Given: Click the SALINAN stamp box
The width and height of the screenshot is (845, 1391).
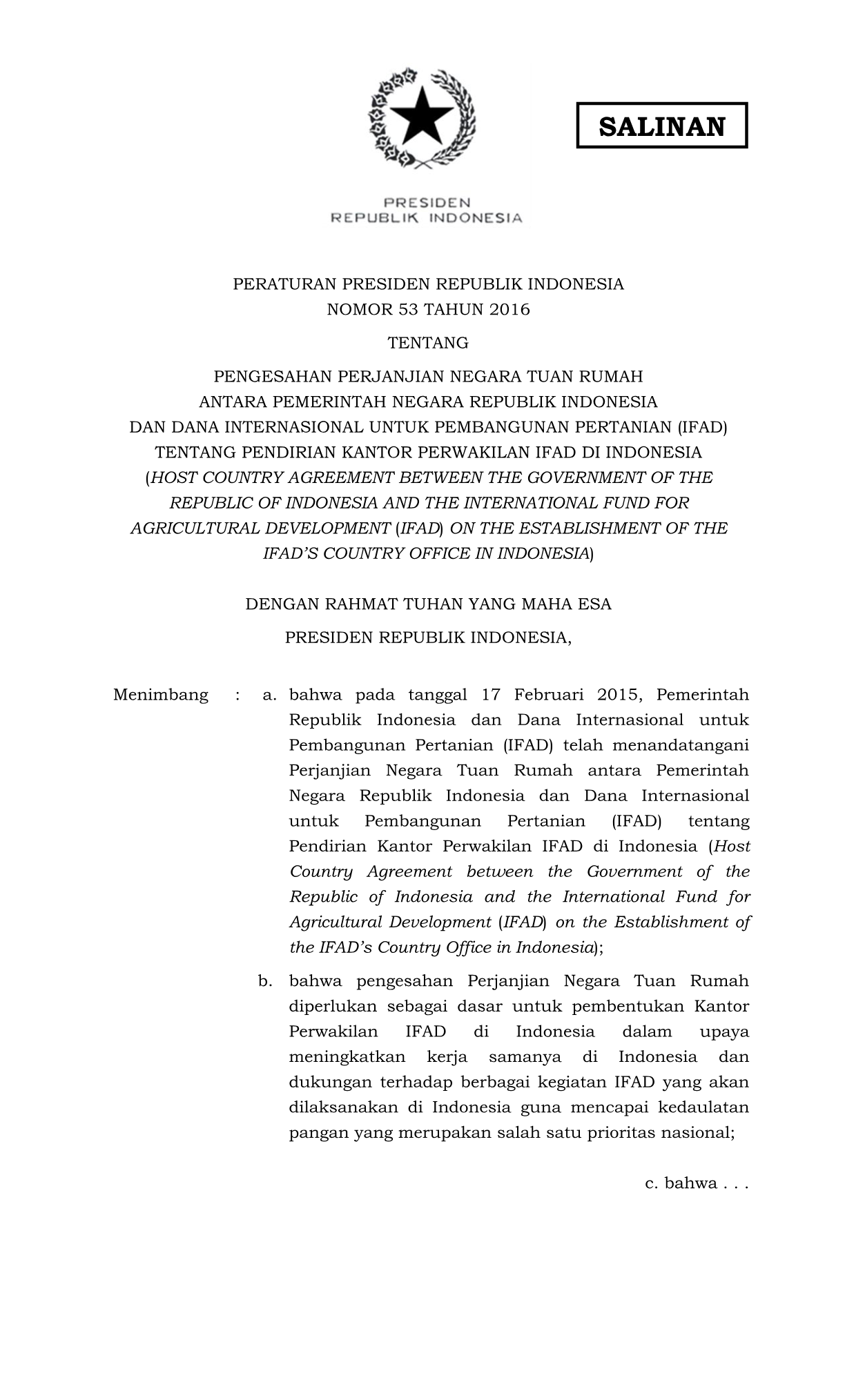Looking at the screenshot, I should [x=661, y=126].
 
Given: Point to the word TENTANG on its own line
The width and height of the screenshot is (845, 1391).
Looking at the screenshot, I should [x=428, y=342].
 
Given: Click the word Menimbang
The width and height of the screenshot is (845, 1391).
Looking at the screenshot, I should [x=160, y=694].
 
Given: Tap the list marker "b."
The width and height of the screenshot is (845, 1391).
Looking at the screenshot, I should [x=266, y=980].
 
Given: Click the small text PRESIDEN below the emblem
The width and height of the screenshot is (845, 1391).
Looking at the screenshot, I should [x=427, y=203].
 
